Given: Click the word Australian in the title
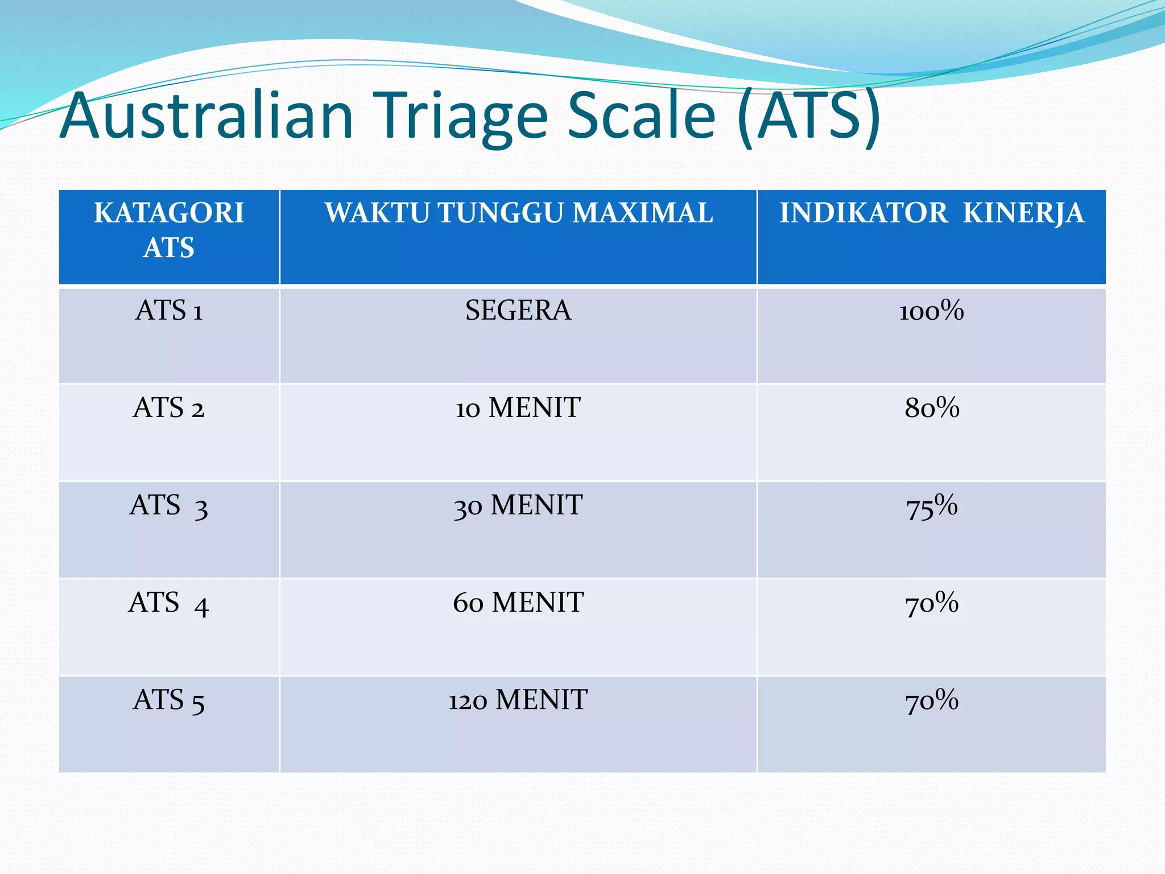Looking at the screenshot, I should click(207, 117).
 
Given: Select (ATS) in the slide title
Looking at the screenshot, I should click(809, 117).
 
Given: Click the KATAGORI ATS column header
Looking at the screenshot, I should click(169, 230).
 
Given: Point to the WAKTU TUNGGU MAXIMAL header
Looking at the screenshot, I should click(518, 213).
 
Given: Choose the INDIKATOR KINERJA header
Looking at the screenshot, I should click(932, 213).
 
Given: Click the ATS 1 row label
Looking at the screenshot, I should click(169, 311).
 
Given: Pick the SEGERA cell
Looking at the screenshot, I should click(518, 311).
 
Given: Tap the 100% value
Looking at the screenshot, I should click(932, 311).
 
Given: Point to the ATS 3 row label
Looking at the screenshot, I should click(169, 506).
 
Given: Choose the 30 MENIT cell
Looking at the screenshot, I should click(518, 506).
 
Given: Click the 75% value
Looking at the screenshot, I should click(932, 506).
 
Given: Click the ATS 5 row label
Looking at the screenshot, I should click(169, 700).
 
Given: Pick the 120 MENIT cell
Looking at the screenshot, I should click(518, 700).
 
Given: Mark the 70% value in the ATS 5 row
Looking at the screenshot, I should click(932, 700).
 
